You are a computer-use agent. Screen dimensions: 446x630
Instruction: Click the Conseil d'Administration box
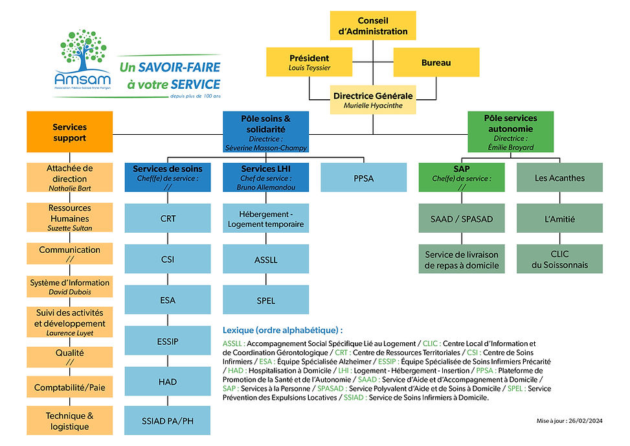pos(373,26)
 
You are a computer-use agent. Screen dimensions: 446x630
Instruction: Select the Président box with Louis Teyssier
pos(309,62)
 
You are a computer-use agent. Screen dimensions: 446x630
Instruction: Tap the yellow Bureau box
pos(436,63)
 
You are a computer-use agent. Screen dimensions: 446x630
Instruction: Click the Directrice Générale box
pos(373,100)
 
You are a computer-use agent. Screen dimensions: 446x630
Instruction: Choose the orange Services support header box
pos(69,133)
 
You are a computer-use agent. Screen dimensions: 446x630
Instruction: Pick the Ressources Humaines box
pos(69,218)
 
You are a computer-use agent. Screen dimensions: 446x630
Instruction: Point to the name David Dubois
pos(69,292)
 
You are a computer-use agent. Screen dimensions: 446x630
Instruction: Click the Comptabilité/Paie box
pos(69,388)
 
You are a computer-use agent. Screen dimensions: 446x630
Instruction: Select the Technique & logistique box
pos(69,421)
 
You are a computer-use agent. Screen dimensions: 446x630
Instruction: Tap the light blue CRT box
pos(168,218)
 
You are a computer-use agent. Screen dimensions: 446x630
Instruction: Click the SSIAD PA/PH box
pos(168,421)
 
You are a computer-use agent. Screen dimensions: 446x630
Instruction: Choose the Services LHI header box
pos(265,177)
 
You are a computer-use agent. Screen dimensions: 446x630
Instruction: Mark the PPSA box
pos(363,177)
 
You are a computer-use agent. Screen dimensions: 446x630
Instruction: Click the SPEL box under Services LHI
pos(265,300)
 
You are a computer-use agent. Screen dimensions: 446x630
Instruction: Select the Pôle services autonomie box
pos(511,132)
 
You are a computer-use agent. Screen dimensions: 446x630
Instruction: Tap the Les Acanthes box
pos(559,177)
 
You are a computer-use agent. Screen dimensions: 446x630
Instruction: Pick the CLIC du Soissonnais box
pos(559,259)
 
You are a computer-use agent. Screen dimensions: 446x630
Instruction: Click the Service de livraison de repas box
pos(462,259)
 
